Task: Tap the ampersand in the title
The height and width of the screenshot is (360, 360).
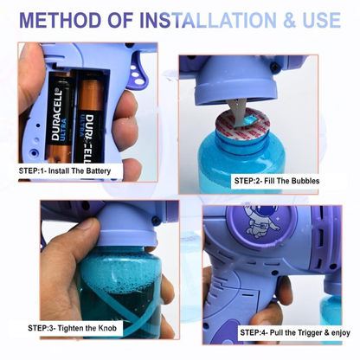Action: pyautogui.click(x=289, y=20)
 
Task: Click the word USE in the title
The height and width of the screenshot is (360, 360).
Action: pyautogui.click(x=321, y=20)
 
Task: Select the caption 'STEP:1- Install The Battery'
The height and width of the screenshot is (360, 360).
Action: pyautogui.click(x=65, y=170)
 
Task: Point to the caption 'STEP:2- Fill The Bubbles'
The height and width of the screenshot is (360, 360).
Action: pyautogui.click(x=277, y=181)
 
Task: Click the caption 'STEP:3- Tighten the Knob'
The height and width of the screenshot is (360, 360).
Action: pyautogui.click(x=72, y=328)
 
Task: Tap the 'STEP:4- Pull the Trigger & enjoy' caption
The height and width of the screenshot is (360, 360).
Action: pyautogui.click(x=295, y=332)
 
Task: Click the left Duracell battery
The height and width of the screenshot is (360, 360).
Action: pyautogui.click(x=60, y=117)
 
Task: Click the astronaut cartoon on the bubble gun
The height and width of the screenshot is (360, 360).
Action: pyautogui.click(x=261, y=220)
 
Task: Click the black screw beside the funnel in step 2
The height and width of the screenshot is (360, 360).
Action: pyautogui.click(x=273, y=67)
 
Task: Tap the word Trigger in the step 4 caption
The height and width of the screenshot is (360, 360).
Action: pyautogui.click(x=309, y=332)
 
